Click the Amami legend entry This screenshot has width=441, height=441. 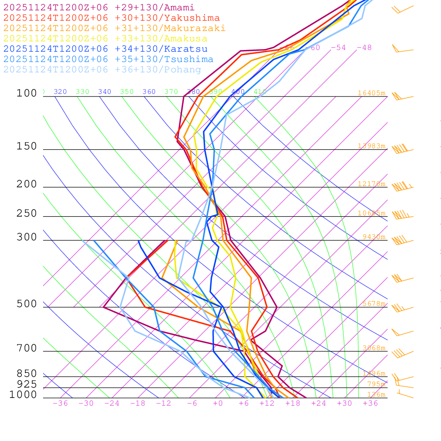pos(99,8)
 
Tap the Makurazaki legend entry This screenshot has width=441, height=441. pos(114,28)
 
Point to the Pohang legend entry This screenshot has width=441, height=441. pos(102,70)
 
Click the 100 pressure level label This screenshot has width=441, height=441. pos(27,93)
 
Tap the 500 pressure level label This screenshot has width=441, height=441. pos(27,304)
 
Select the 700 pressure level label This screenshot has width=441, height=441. pos(27,348)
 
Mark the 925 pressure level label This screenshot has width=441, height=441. pos(27,384)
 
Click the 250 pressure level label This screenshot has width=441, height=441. pos(27,214)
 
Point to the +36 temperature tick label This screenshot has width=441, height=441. pos(370,404)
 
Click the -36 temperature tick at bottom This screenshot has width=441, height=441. pos(60,404)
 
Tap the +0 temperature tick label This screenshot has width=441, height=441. pos(218,404)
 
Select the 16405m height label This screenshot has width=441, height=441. pos(371,93)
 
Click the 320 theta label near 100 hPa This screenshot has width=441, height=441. pos(60,92)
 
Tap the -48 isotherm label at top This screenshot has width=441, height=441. pos(364,48)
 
